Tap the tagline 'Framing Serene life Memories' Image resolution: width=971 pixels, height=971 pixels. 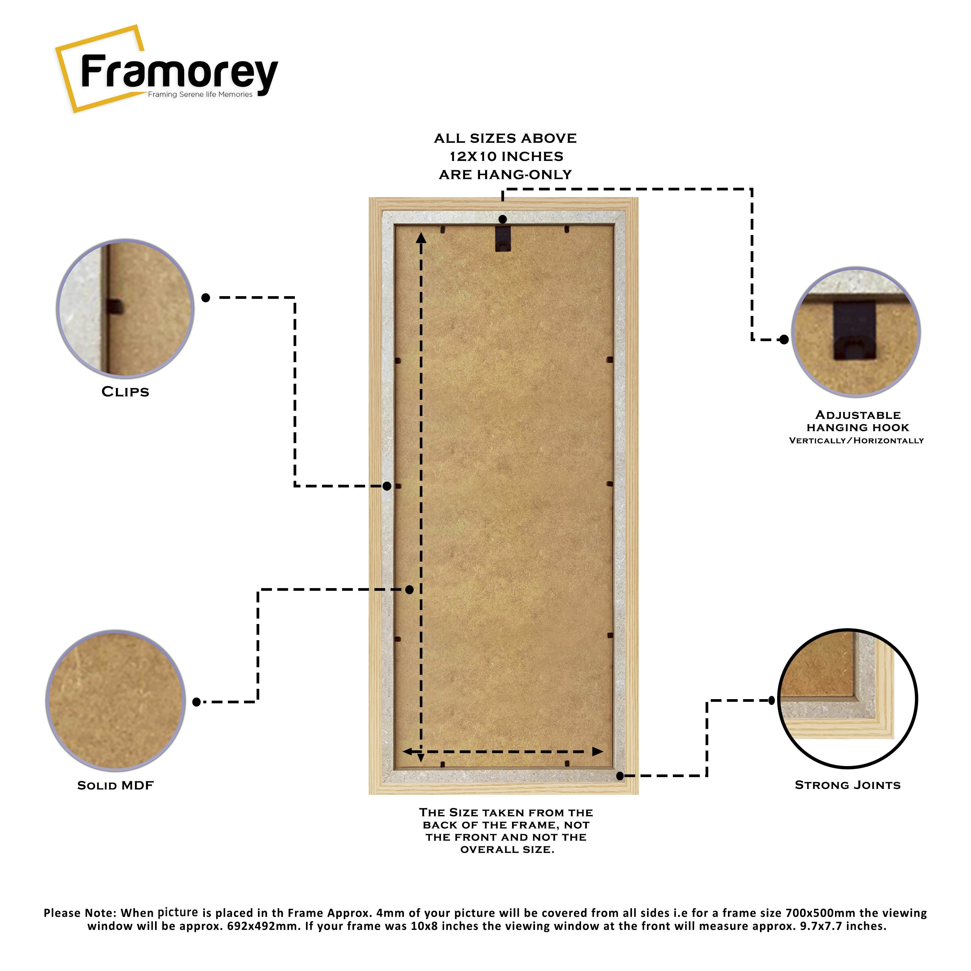click(x=200, y=95)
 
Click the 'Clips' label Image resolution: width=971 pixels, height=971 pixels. click(x=125, y=392)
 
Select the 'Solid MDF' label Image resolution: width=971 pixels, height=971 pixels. click(x=115, y=786)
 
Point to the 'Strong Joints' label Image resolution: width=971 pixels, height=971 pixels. click(x=847, y=785)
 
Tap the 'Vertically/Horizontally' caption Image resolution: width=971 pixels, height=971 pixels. click(x=856, y=441)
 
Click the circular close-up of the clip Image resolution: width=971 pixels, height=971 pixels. click(x=125, y=308)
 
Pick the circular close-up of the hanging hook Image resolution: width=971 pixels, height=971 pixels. click(x=855, y=332)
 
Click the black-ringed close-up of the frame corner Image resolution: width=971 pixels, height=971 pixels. click(x=847, y=698)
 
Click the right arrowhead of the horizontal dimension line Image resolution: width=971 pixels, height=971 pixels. click(x=597, y=752)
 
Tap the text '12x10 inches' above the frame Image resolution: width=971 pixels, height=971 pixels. click(x=506, y=157)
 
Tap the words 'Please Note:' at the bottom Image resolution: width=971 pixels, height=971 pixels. click(x=80, y=913)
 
